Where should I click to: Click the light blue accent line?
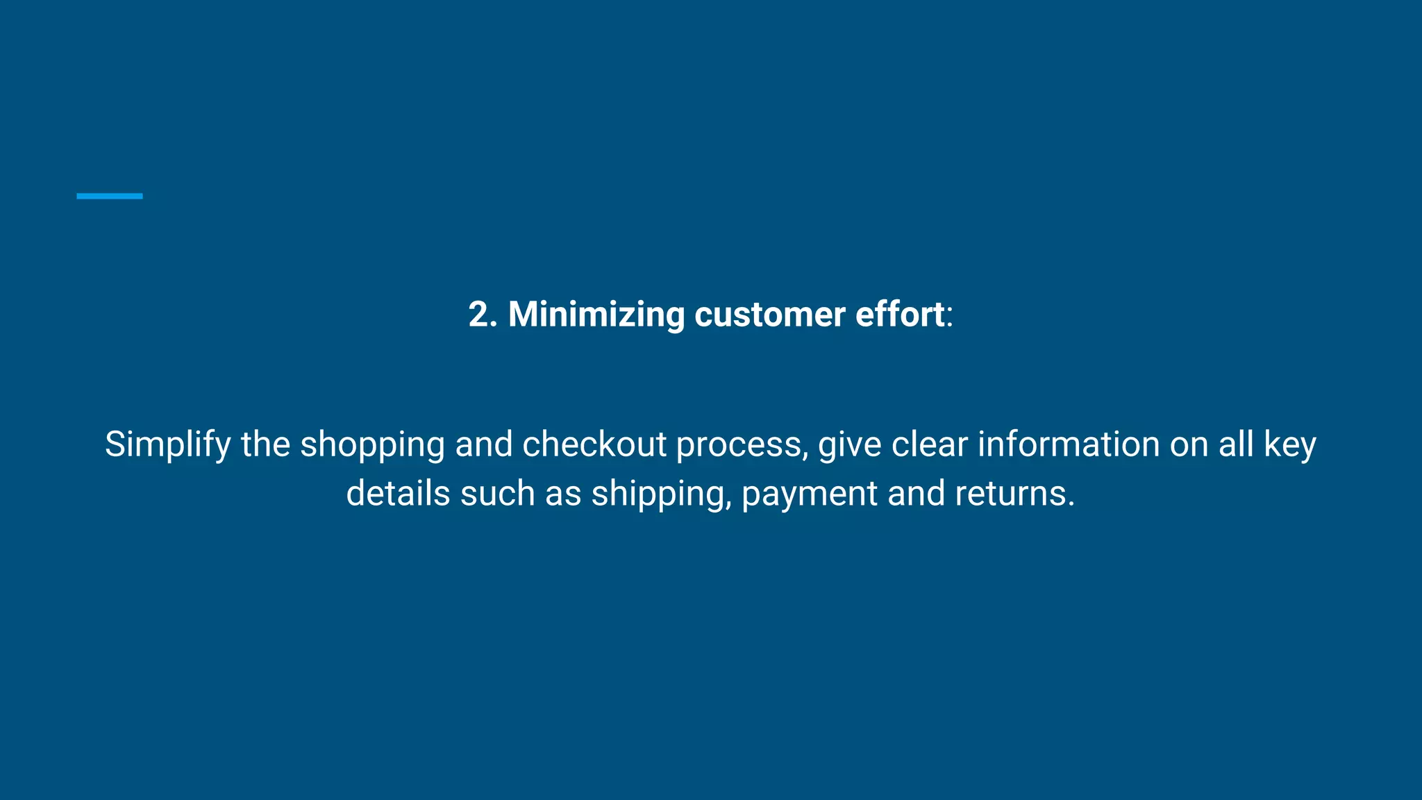coord(109,197)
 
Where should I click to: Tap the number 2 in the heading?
coord(479,315)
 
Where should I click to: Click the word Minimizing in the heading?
coord(596,315)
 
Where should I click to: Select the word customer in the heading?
coord(769,315)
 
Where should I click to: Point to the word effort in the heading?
coord(899,315)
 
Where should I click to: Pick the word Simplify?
coord(167,445)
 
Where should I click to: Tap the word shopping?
coord(372,445)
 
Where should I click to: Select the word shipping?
coord(658,494)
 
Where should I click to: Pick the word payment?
coord(809,494)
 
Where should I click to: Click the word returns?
coord(1014,493)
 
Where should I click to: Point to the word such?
coord(497,493)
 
